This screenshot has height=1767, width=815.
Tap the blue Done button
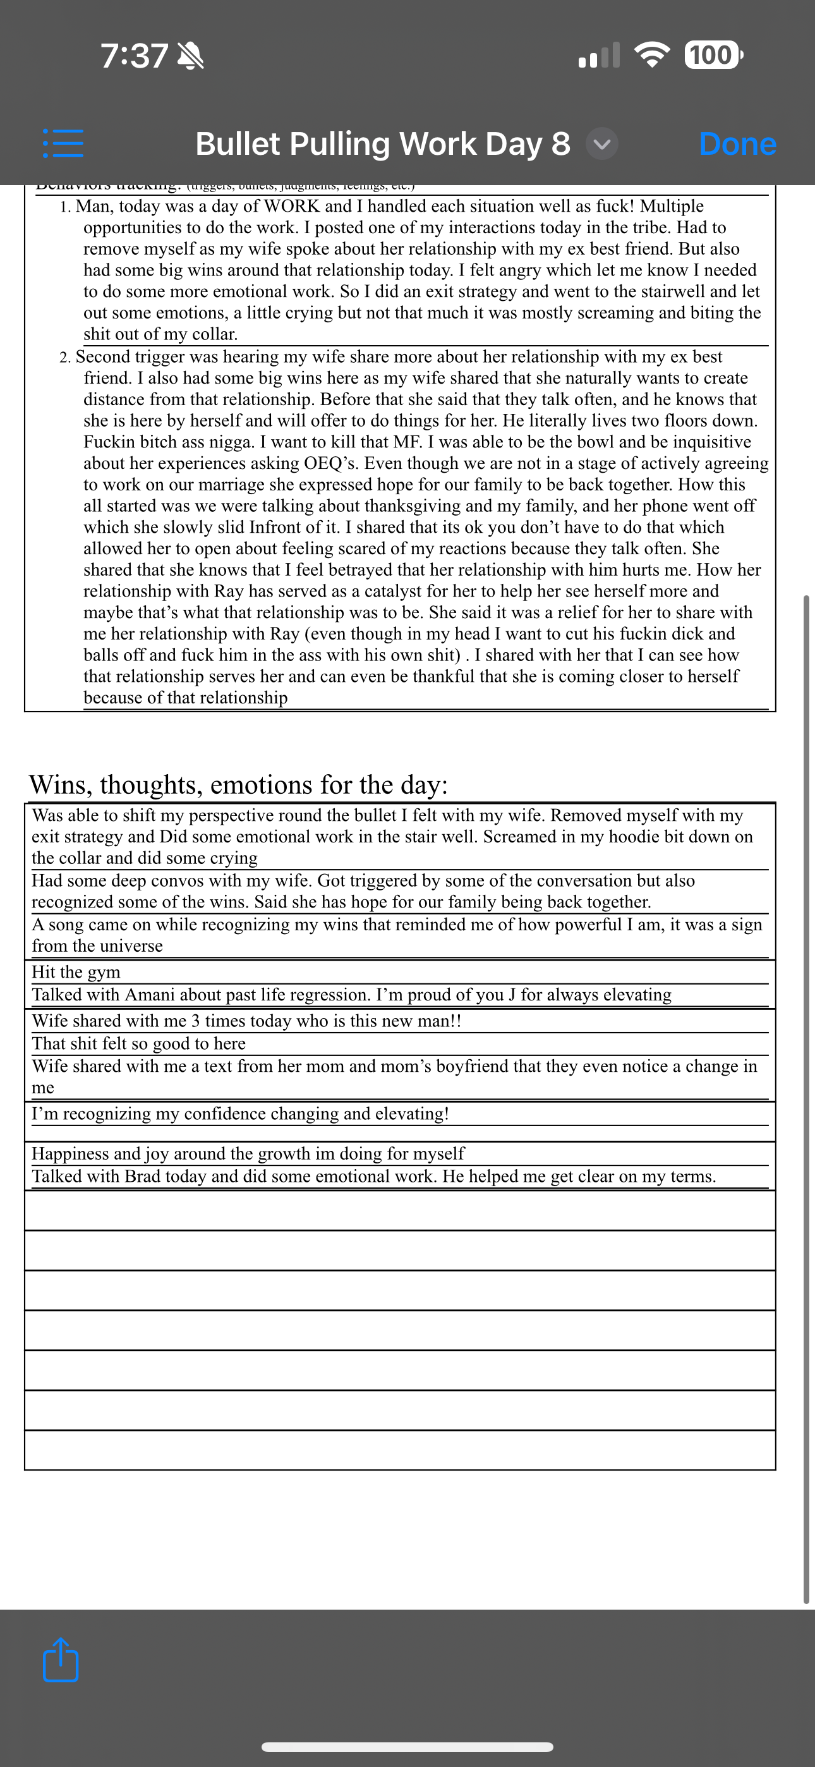[737, 144]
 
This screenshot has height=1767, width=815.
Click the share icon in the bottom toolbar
[61, 1660]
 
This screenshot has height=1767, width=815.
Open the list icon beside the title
[63, 144]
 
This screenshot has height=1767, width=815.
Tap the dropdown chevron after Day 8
[601, 144]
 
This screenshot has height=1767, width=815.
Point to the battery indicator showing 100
[712, 55]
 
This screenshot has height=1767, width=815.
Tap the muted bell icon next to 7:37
[191, 56]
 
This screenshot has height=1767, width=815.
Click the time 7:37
[135, 56]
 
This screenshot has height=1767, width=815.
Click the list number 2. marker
[65, 357]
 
